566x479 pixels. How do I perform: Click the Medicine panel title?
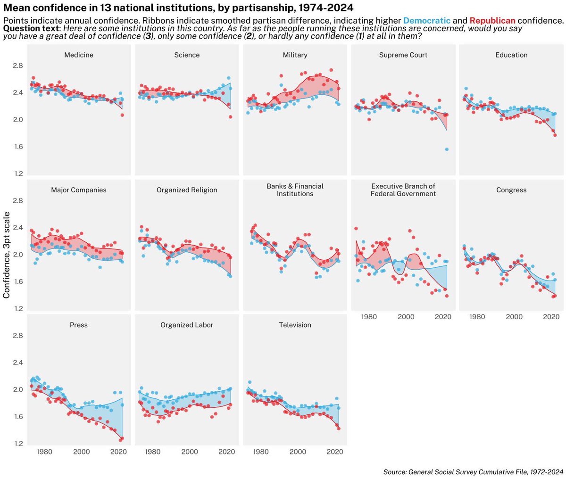tap(79, 55)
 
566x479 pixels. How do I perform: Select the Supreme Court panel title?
tap(403, 55)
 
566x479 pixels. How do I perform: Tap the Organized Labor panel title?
tap(187, 325)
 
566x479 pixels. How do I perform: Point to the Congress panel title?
tap(511, 190)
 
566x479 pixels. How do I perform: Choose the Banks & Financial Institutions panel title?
tap(295, 190)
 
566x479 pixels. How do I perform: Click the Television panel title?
tap(295, 325)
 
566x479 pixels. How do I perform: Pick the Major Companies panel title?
tap(79, 190)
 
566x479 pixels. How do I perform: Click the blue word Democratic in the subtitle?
tap(427, 21)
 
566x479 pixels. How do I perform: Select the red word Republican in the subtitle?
tap(492, 21)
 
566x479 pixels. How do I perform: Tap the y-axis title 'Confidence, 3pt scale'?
tap(7, 255)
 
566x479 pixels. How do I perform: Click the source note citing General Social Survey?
tap(473, 471)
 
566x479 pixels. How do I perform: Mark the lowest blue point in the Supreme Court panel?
tap(446, 149)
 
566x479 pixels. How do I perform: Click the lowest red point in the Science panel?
tap(231, 117)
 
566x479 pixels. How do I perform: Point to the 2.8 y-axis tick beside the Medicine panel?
tap(18, 66)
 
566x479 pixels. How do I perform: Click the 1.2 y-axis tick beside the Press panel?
tap(18, 444)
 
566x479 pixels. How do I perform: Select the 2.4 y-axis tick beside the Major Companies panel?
tap(18, 228)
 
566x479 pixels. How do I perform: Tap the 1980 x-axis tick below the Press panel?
tap(44, 452)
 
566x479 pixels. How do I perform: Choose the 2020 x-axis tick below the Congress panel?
tap(551, 317)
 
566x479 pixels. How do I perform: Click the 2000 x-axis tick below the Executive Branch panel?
tap(406, 317)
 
